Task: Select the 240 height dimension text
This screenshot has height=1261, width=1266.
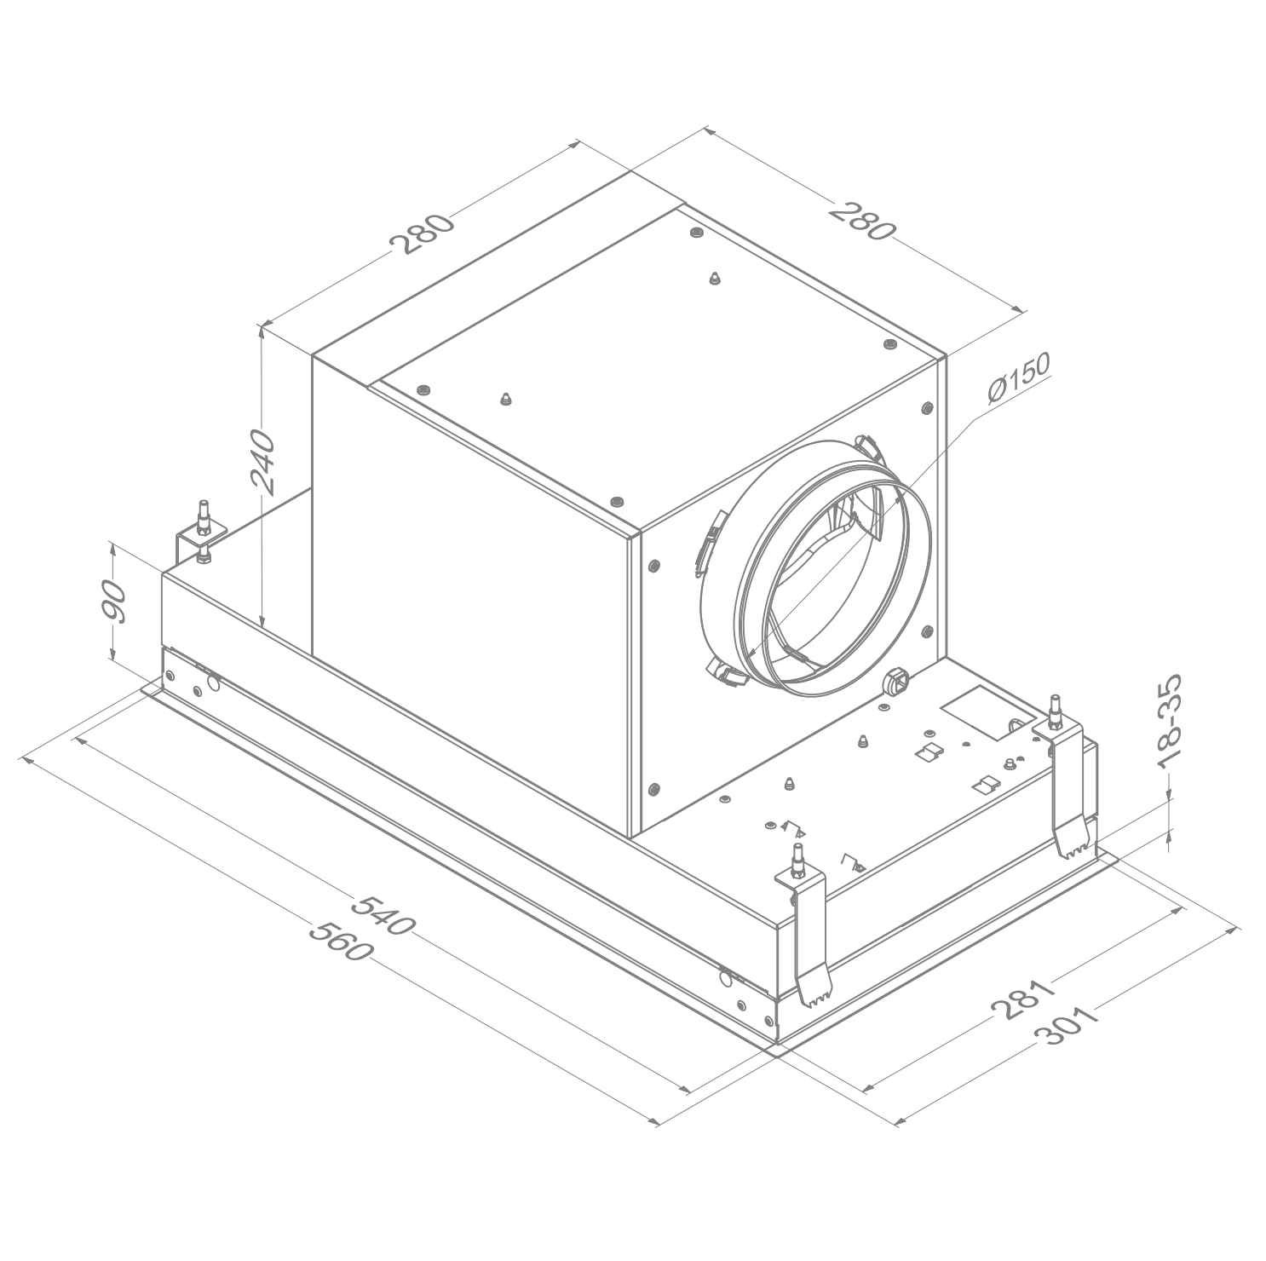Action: tap(264, 464)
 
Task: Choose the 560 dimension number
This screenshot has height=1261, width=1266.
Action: tap(340, 939)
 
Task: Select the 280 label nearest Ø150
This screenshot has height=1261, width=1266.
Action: tap(863, 220)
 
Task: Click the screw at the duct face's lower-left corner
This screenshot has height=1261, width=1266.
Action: tap(653, 788)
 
